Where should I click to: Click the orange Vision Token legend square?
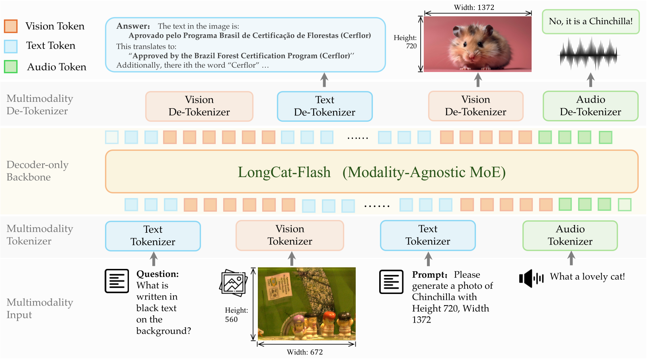click(11, 26)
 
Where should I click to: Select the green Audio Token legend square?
click(11, 66)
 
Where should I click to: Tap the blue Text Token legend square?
click(11, 46)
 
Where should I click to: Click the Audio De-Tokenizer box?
click(590, 106)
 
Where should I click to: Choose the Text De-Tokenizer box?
click(325, 106)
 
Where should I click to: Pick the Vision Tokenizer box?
click(290, 235)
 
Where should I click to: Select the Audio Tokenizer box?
click(570, 235)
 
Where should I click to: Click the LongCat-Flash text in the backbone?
click(284, 172)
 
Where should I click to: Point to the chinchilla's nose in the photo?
click(472, 55)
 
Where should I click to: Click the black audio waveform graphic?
click(589, 54)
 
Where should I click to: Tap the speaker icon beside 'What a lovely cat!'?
click(531, 278)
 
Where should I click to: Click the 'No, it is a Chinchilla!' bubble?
click(590, 21)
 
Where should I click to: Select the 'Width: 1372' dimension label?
click(474, 8)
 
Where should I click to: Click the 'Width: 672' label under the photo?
click(305, 352)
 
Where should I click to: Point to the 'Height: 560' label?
click(236, 315)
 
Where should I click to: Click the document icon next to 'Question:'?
click(117, 281)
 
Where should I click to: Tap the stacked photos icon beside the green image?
click(234, 282)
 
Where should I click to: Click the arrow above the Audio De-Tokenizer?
click(590, 80)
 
